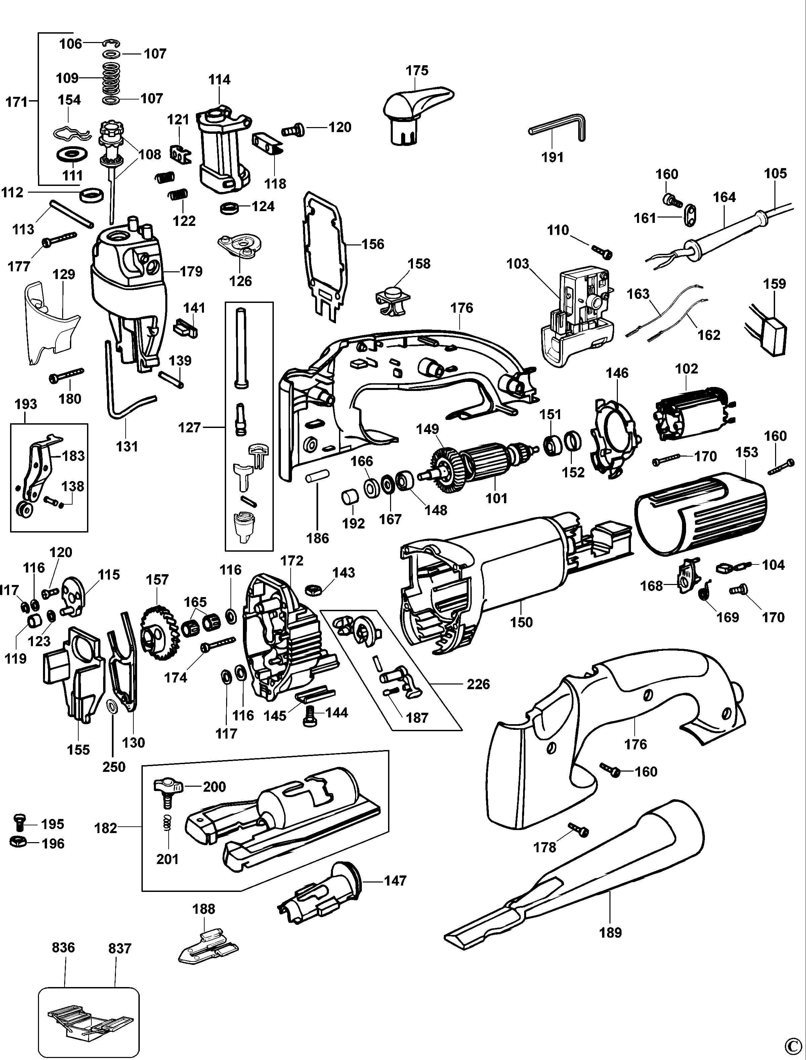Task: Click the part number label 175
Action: pos(417,71)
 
